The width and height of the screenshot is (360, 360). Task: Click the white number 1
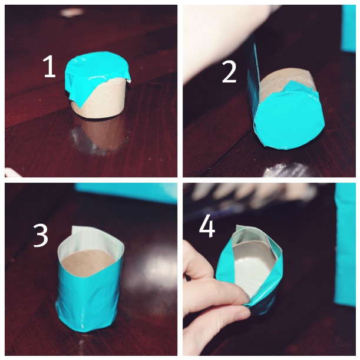tap(50, 67)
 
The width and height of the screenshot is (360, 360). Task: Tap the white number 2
tap(229, 72)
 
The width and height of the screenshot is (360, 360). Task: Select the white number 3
tap(41, 236)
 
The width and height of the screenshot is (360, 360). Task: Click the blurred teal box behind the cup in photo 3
tap(126, 193)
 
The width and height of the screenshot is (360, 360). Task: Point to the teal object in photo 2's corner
tap(349, 28)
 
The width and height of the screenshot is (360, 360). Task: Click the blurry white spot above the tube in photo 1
tap(71, 12)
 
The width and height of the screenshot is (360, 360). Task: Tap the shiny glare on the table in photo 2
tap(287, 170)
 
